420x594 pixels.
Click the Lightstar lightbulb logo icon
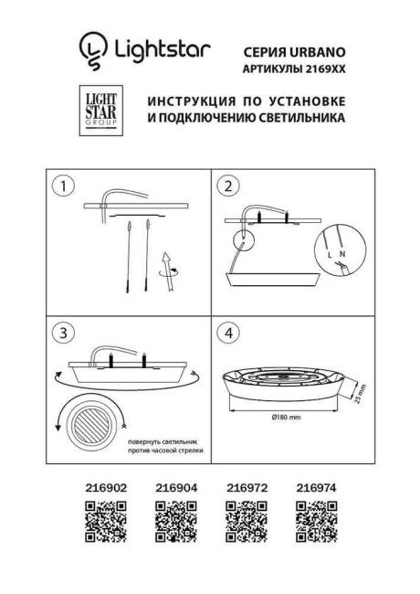click(x=92, y=50)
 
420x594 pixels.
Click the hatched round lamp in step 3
click(x=91, y=420)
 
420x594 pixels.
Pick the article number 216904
click(x=176, y=489)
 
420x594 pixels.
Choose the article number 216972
click(x=245, y=489)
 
